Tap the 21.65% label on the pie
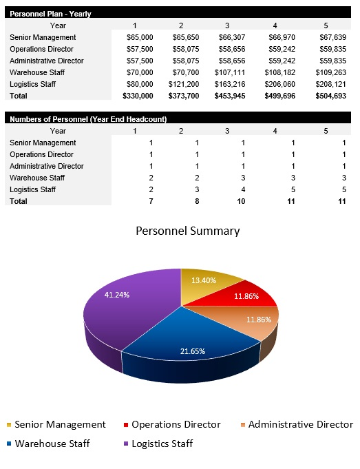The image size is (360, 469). (x=193, y=351)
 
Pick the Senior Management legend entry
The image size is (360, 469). (x=56, y=425)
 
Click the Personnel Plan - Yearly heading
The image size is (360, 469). (x=50, y=14)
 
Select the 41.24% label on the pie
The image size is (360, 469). (x=117, y=294)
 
